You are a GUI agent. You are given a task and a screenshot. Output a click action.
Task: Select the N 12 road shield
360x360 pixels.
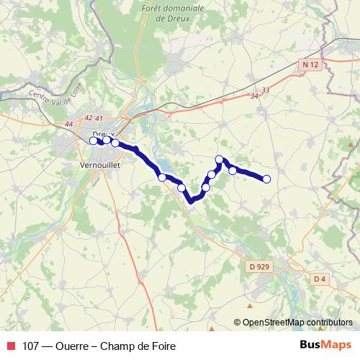[x=310, y=66]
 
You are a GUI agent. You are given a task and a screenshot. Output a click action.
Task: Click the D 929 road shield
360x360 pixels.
[x=263, y=267]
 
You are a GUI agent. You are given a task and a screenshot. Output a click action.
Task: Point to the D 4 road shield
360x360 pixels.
[x=320, y=279]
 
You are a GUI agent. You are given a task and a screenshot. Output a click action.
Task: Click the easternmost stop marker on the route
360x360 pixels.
[x=266, y=179]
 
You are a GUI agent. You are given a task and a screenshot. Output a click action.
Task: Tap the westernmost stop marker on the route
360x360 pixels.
[x=93, y=140]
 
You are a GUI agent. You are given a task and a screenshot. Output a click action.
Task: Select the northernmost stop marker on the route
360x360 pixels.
[x=220, y=158]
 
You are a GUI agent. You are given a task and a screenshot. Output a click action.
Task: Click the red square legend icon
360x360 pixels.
[x=9, y=346]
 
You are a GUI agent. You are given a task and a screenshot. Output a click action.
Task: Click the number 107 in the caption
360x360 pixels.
[x=32, y=346]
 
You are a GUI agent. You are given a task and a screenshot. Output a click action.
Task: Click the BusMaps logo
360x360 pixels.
[x=325, y=345]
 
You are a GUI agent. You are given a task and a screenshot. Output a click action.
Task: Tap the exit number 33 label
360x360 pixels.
[x=266, y=89]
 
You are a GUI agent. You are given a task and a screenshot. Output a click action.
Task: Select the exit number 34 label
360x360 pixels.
[x=254, y=96]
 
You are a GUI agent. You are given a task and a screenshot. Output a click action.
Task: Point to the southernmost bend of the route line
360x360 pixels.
[x=191, y=202]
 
